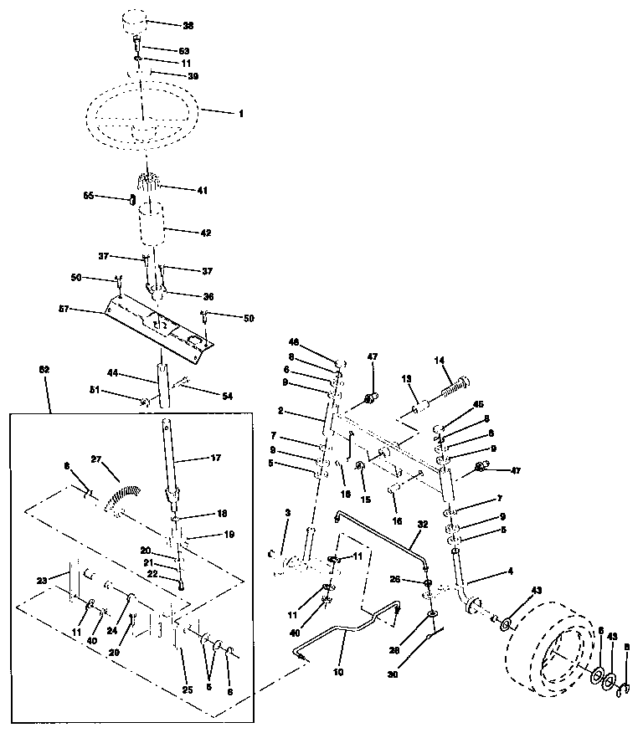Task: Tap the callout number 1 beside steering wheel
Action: click(241, 112)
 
